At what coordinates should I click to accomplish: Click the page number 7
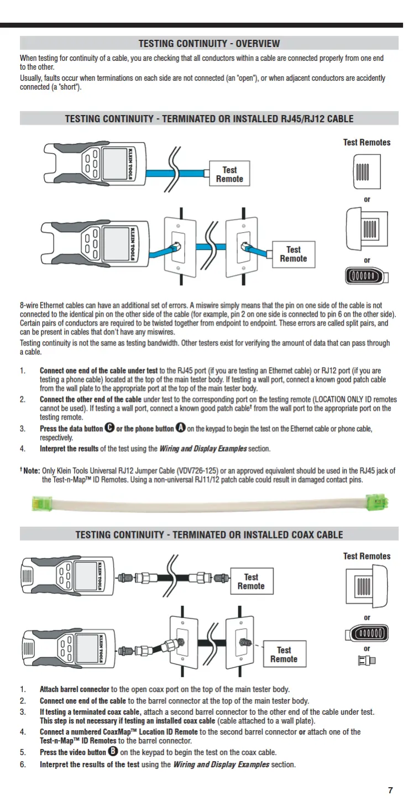click(x=390, y=790)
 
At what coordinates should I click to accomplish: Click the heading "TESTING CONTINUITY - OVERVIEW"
click(x=209, y=44)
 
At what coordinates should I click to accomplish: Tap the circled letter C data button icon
click(x=109, y=428)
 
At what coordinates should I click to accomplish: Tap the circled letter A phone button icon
click(x=180, y=428)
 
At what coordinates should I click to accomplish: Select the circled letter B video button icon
click(x=113, y=752)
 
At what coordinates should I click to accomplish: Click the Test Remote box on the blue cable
click(x=229, y=174)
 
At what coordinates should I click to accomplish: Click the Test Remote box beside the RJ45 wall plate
click(x=293, y=254)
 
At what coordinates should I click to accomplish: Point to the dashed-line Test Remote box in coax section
click(x=284, y=655)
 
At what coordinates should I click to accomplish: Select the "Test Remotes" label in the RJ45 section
click(x=367, y=142)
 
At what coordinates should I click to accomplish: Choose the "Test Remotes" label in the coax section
click(x=367, y=556)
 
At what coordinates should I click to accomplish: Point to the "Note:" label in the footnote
click(x=30, y=471)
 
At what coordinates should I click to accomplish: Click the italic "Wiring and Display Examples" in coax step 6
click(x=221, y=765)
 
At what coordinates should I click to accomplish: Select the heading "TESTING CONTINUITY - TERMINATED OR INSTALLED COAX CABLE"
click(x=209, y=535)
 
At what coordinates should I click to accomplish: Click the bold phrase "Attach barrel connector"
click(x=74, y=689)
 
